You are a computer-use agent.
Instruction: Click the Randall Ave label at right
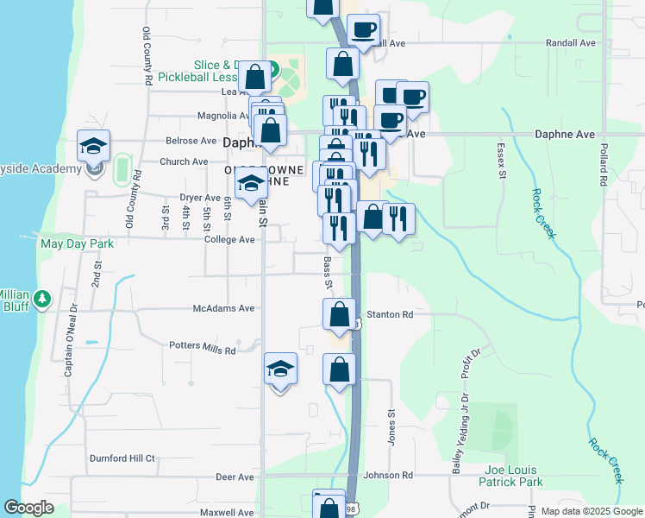coord(571,42)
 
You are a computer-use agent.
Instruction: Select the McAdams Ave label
coord(223,307)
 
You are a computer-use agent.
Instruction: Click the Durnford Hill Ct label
coord(125,458)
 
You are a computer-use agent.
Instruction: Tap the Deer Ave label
coord(235,477)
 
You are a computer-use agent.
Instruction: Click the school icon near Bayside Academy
coord(93,148)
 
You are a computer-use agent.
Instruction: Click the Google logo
coord(28,508)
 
